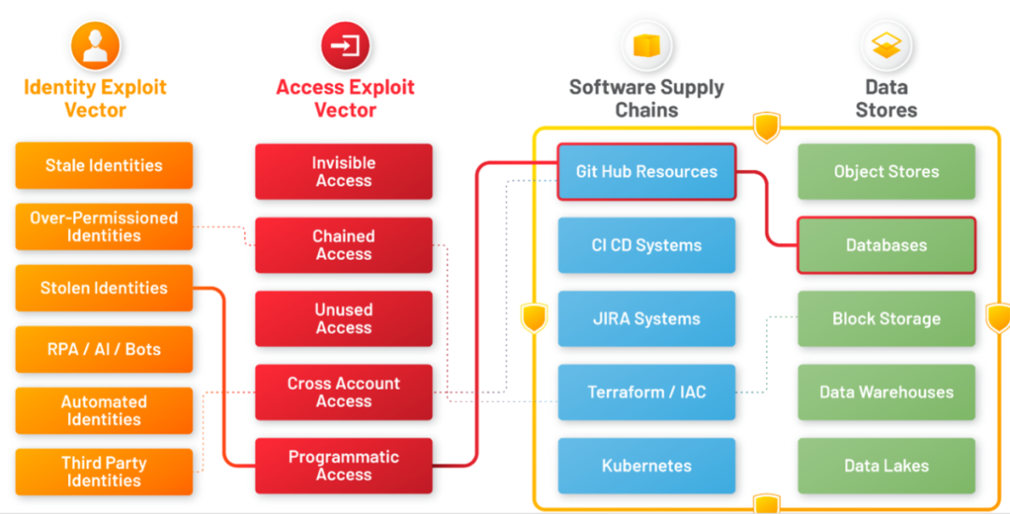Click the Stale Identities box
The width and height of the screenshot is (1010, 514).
104,165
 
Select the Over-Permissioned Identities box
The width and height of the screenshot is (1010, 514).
104,226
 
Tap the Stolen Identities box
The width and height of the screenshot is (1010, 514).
104,288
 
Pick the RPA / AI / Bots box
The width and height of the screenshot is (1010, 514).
104,350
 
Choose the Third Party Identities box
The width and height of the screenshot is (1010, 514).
104,472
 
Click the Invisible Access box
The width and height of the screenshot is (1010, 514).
343,171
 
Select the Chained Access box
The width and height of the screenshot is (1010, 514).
343,245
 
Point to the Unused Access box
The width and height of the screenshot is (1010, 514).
343,319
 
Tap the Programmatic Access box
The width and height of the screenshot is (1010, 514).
343,465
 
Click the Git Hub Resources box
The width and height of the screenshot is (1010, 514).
646,171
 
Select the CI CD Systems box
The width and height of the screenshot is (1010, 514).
646,245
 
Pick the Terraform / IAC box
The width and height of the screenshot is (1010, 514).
646,393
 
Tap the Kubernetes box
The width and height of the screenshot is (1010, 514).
646,465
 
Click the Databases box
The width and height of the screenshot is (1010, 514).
886,245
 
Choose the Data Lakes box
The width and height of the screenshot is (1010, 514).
886,465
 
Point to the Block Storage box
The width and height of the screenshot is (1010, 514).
886,319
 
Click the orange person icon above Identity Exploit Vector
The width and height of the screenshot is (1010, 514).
95,46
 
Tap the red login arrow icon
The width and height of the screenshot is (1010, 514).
345,46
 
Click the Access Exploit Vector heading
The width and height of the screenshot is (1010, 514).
345,98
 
